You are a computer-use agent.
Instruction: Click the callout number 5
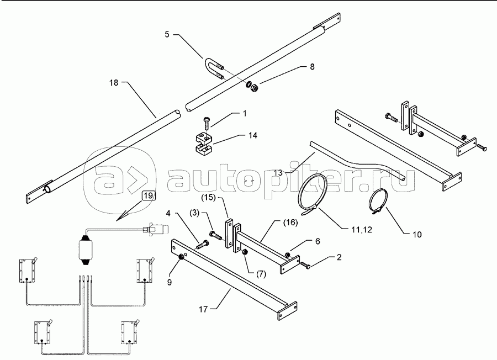(x=167, y=34)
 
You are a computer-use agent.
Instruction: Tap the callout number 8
(x=312, y=67)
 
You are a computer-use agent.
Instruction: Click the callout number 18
(x=113, y=83)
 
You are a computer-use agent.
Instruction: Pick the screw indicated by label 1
(x=207, y=123)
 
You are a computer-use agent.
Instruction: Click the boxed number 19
(x=148, y=195)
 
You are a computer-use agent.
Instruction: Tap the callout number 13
(x=278, y=173)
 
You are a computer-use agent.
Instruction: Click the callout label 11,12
(x=362, y=229)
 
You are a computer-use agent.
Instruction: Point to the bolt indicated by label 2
(x=305, y=265)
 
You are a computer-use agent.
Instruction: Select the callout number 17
(x=203, y=309)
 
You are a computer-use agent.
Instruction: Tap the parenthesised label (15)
(x=209, y=198)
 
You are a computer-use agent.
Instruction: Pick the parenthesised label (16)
(x=290, y=223)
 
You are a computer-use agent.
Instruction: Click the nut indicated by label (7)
(x=245, y=252)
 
